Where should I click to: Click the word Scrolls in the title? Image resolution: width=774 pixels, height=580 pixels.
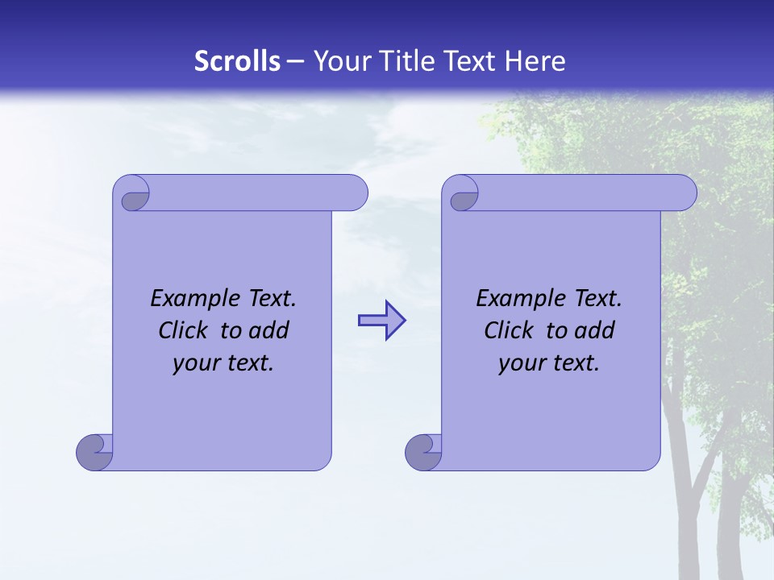coord(237,61)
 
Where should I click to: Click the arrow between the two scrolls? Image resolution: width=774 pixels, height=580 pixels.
coord(381,321)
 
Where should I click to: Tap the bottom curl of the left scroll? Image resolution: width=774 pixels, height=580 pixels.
coord(94,451)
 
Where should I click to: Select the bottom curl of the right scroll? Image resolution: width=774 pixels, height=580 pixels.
coord(423,451)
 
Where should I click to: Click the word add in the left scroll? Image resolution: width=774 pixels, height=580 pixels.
coord(269,330)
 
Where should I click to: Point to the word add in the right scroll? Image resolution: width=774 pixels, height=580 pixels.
coord(595,330)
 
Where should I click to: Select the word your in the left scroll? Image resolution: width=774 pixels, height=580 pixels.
coord(194,364)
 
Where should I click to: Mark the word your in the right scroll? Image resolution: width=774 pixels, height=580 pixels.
coord(520,364)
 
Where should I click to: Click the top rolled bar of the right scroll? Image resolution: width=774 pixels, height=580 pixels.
coord(580,193)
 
